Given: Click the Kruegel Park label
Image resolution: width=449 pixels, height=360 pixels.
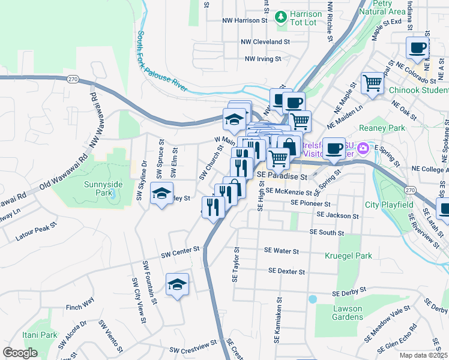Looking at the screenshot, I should click(x=348, y=256).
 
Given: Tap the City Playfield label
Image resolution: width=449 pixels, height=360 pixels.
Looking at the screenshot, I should click(x=390, y=205).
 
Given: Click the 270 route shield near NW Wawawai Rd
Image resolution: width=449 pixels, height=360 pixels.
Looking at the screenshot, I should click(x=73, y=79).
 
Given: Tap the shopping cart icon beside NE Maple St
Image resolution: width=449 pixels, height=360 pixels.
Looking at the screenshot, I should click(x=373, y=83).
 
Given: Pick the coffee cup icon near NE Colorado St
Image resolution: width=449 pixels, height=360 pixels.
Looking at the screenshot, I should click(x=418, y=48).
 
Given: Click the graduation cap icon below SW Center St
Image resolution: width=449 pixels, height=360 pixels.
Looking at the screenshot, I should click(x=177, y=284).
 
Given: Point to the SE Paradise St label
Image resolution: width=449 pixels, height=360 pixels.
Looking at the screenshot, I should click(x=282, y=177).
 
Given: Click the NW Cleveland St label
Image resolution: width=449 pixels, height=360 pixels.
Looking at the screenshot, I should click(x=265, y=42).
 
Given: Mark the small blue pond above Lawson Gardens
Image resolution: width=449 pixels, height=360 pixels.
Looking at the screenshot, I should click(x=312, y=298).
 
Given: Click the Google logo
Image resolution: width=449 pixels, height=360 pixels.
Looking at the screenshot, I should click(x=20, y=353).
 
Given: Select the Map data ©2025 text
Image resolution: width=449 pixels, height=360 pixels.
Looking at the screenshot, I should click(x=424, y=355).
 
